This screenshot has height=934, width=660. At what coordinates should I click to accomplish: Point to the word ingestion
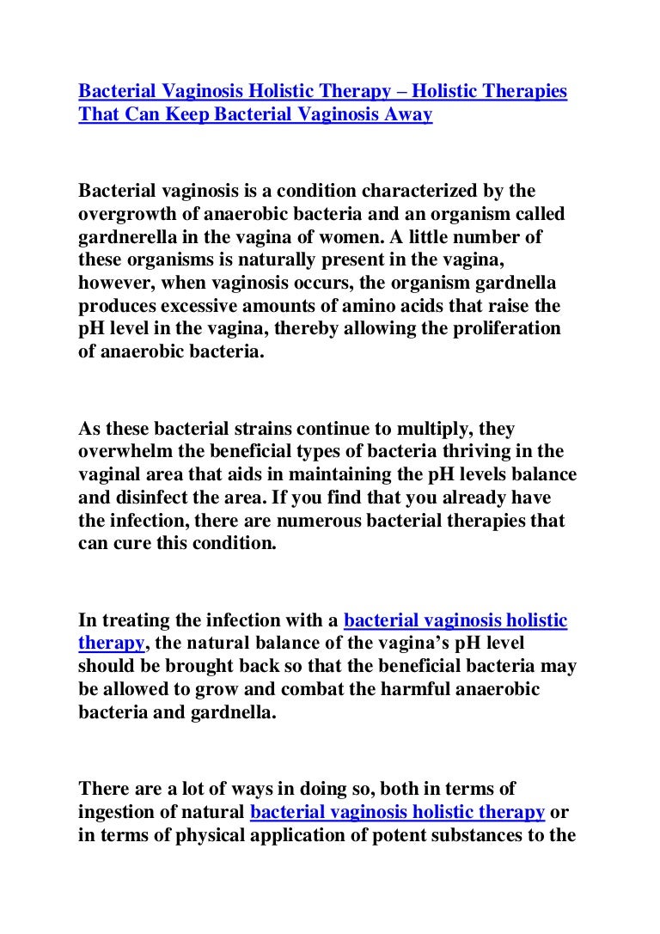pyautogui.click(x=116, y=812)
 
